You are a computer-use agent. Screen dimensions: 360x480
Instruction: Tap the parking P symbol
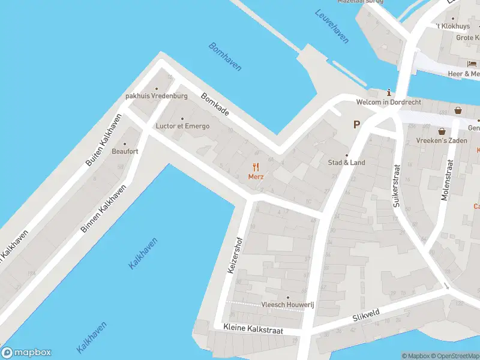point(356,125)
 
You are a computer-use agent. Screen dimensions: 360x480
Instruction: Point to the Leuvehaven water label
point(332,26)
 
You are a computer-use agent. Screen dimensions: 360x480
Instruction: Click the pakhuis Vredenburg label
point(157,96)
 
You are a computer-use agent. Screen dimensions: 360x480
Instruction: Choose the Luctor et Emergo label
point(182,126)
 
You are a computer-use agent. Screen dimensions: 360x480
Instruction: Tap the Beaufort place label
point(125,151)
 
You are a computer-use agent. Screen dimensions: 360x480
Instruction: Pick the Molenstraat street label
point(446,179)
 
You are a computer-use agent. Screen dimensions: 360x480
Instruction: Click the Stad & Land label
point(346,163)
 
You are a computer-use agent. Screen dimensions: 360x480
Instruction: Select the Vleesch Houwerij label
point(287,305)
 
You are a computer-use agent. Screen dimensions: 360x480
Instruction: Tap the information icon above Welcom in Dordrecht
point(389,92)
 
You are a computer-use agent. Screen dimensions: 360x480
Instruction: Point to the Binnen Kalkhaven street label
point(104,208)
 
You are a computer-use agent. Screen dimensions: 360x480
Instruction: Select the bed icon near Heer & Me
point(472,64)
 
